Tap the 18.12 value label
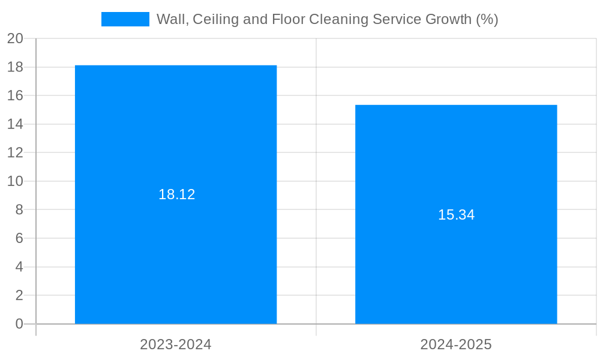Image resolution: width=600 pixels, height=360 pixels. pyautogui.click(x=176, y=194)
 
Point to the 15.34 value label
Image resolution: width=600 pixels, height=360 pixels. pyautogui.click(x=456, y=215)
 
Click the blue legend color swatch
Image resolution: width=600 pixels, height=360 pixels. pyautogui.click(x=125, y=19)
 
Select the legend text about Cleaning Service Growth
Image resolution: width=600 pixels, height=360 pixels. pyautogui.click(x=327, y=19)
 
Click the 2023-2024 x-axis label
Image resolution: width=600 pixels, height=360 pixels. pyautogui.click(x=176, y=344)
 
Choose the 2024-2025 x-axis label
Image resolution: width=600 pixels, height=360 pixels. pyautogui.click(x=456, y=344)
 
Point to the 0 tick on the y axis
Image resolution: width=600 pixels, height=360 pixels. pyautogui.click(x=19, y=324)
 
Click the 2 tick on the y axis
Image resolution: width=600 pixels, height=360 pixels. pyautogui.click(x=19, y=295)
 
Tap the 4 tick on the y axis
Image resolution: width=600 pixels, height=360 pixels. pyautogui.click(x=19, y=267)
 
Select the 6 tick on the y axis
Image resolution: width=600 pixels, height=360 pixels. pyautogui.click(x=19, y=238)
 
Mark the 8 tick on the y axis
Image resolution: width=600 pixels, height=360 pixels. pyautogui.click(x=19, y=209)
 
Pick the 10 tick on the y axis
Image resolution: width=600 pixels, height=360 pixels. pyautogui.click(x=16, y=181)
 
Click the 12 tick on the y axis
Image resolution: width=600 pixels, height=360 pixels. pyautogui.click(x=16, y=152)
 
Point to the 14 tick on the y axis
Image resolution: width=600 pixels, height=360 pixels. pyautogui.click(x=16, y=124)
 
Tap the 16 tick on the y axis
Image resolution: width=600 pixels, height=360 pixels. pyautogui.click(x=16, y=95)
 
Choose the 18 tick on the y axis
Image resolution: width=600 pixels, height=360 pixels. pyautogui.click(x=16, y=67)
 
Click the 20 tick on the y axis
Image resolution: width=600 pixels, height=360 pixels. pyautogui.click(x=16, y=38)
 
